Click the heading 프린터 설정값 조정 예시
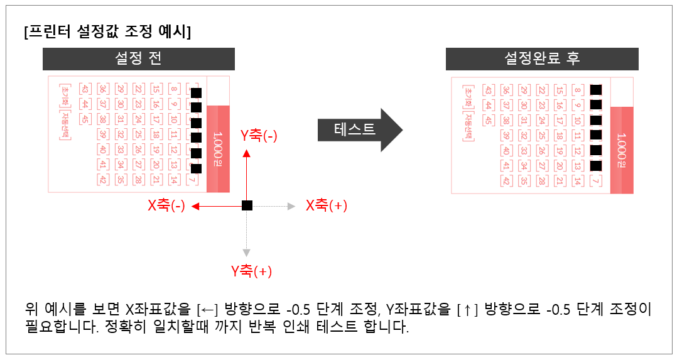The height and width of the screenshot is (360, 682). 107,32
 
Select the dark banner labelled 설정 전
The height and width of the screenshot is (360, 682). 138,58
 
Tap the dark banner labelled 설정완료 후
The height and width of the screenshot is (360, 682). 542,58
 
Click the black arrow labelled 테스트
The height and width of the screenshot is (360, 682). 358,129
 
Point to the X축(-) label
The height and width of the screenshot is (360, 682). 166,206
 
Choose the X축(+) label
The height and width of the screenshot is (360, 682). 327,205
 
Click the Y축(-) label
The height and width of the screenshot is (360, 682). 259,136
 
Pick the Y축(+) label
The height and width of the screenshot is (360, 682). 251,271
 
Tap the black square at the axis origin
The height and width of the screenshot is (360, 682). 247,205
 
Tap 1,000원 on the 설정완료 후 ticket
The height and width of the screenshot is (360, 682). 621,150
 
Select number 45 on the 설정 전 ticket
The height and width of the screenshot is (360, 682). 85,117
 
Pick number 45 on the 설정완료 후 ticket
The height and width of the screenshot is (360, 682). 488,119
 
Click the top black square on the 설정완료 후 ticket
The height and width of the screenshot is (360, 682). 596,90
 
